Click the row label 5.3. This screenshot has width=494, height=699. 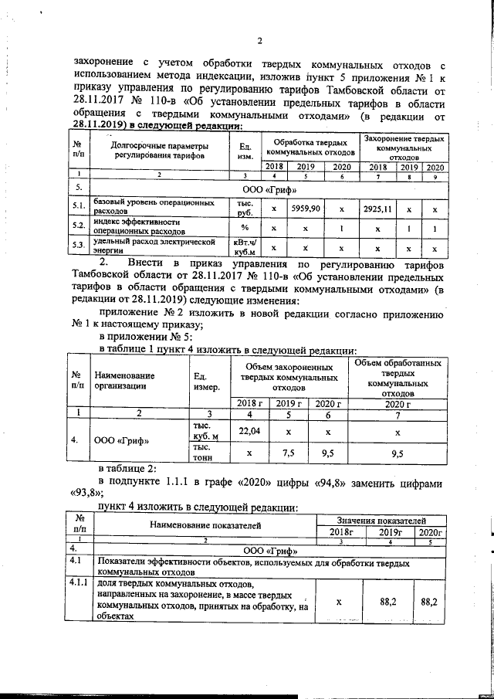point(78,247)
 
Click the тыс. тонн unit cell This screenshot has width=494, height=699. point(201,452)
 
